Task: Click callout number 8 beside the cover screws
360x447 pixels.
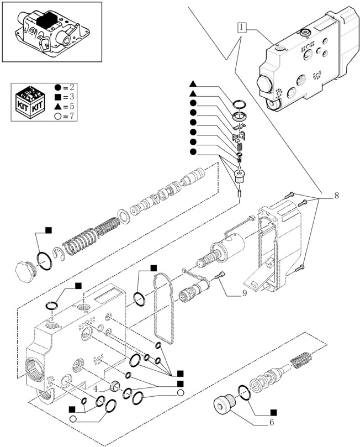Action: coord(336,196)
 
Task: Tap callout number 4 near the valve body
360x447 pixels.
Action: coord(96,388)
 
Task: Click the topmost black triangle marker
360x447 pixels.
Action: coord(193,84)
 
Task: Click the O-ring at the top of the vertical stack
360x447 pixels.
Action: coord(240,104)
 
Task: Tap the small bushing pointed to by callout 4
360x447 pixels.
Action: coord(116,386)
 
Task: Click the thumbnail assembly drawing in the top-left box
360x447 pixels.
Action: coord(52,31)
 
